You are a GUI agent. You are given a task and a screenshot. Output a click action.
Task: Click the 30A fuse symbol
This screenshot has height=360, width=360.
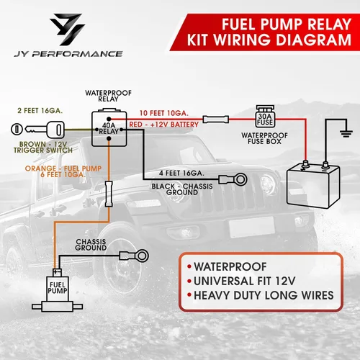[263, 117]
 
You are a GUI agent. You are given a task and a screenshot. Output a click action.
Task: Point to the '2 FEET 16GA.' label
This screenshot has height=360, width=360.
[39, 112]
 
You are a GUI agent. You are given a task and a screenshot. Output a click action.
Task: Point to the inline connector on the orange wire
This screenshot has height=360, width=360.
[108, 193]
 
